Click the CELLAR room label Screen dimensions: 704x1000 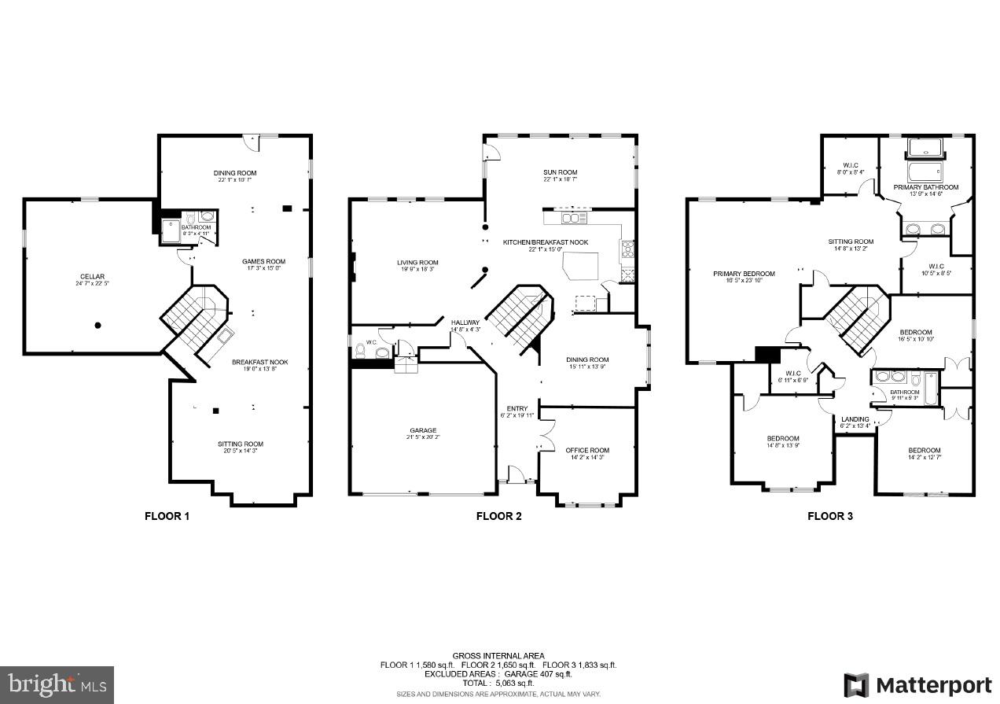92,276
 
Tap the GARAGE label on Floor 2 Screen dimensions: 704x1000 423,430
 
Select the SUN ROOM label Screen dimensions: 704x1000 560,172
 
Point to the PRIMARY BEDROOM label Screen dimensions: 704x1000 744,274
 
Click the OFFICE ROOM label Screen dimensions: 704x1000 587,450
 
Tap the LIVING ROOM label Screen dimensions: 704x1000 417,263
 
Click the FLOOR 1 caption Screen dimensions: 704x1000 167,516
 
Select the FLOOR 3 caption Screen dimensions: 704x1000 830,516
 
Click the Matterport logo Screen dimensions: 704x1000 917,684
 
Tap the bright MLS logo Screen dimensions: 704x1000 57,684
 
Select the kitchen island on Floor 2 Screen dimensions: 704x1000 580,265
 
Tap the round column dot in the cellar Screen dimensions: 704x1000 98,325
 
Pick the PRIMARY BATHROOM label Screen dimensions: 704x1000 925,187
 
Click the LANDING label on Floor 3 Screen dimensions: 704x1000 855,419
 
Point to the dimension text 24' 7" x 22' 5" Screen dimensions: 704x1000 92,284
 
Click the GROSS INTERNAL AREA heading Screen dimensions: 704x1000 498,655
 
